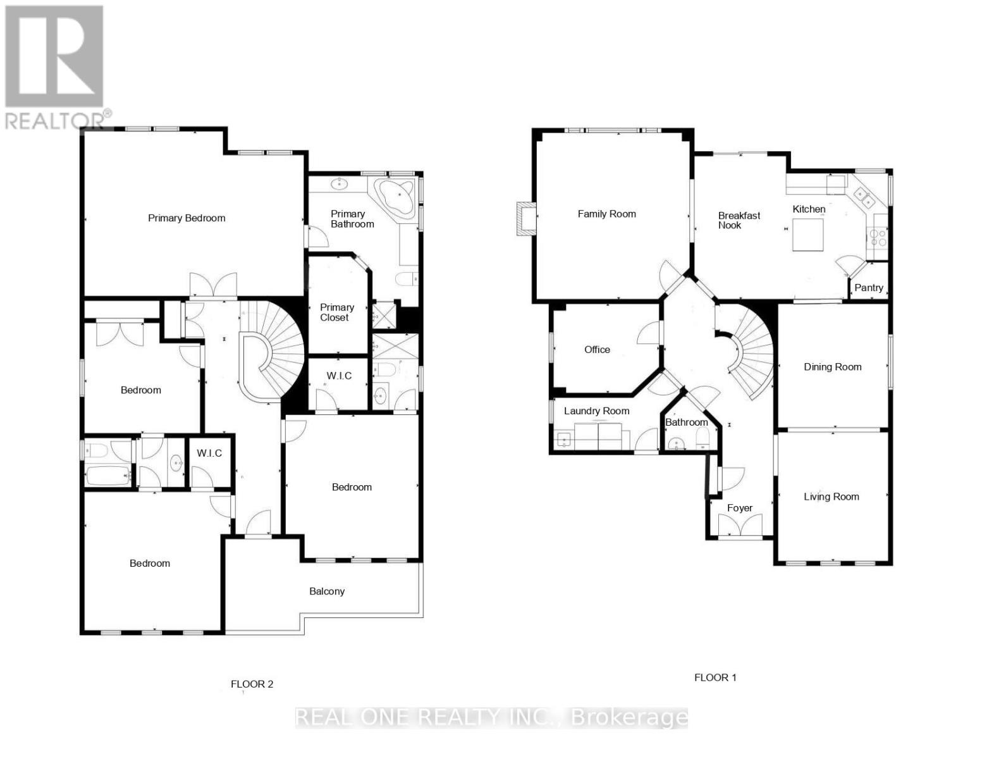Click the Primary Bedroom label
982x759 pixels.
point(187,218)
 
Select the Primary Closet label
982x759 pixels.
point(336,312)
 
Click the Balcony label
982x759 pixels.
point(327,591)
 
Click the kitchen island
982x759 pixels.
point(807,235)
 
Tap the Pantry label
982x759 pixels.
point(868,288)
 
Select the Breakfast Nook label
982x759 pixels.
point(739,220)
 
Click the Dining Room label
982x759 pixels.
point(832,367)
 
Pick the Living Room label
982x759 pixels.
point(831,497)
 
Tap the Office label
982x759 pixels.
point(597,350)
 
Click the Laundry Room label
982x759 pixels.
point(596,411)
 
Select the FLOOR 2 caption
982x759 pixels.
point(252,684)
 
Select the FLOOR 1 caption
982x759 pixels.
point(715,677)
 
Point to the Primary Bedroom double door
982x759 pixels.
point(213,286)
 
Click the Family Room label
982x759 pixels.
point(606,214)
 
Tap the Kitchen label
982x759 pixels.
point(809,209)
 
